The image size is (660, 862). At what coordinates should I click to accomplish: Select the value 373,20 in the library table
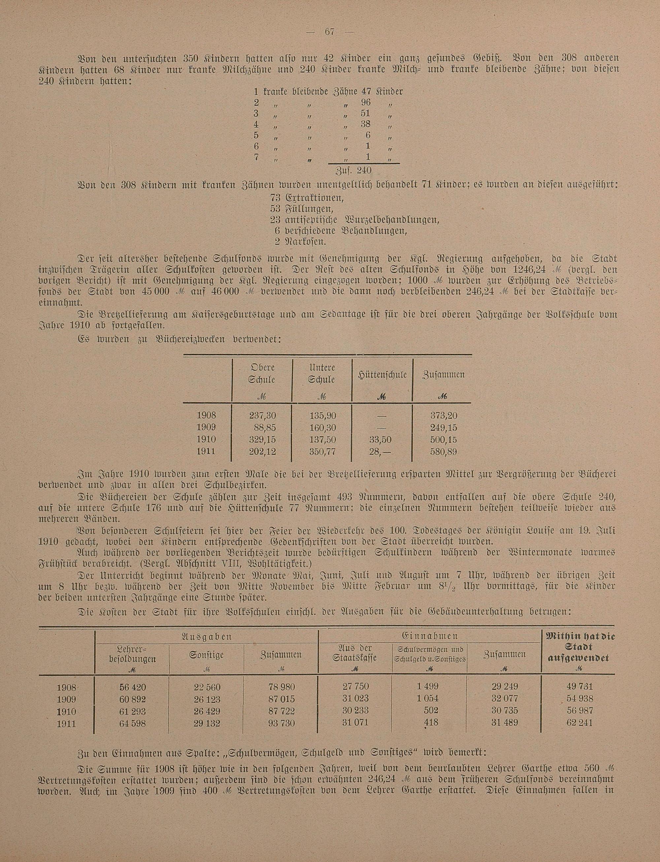pyautogui.click(x=444, y=416)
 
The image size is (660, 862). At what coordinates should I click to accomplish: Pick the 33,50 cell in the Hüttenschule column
pyautogui.click(x=381, y=440)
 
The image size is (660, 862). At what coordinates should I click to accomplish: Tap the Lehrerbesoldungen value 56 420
pyautogui.click(x=132, y=687)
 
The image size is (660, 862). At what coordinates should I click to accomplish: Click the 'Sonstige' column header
pyautogui.click(x=206, y=655)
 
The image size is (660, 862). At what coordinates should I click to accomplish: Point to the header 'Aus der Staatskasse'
pyautogui.click(x=355, y=653)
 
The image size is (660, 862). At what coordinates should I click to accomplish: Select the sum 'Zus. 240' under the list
pyautogui.click(x=353, y=171)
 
